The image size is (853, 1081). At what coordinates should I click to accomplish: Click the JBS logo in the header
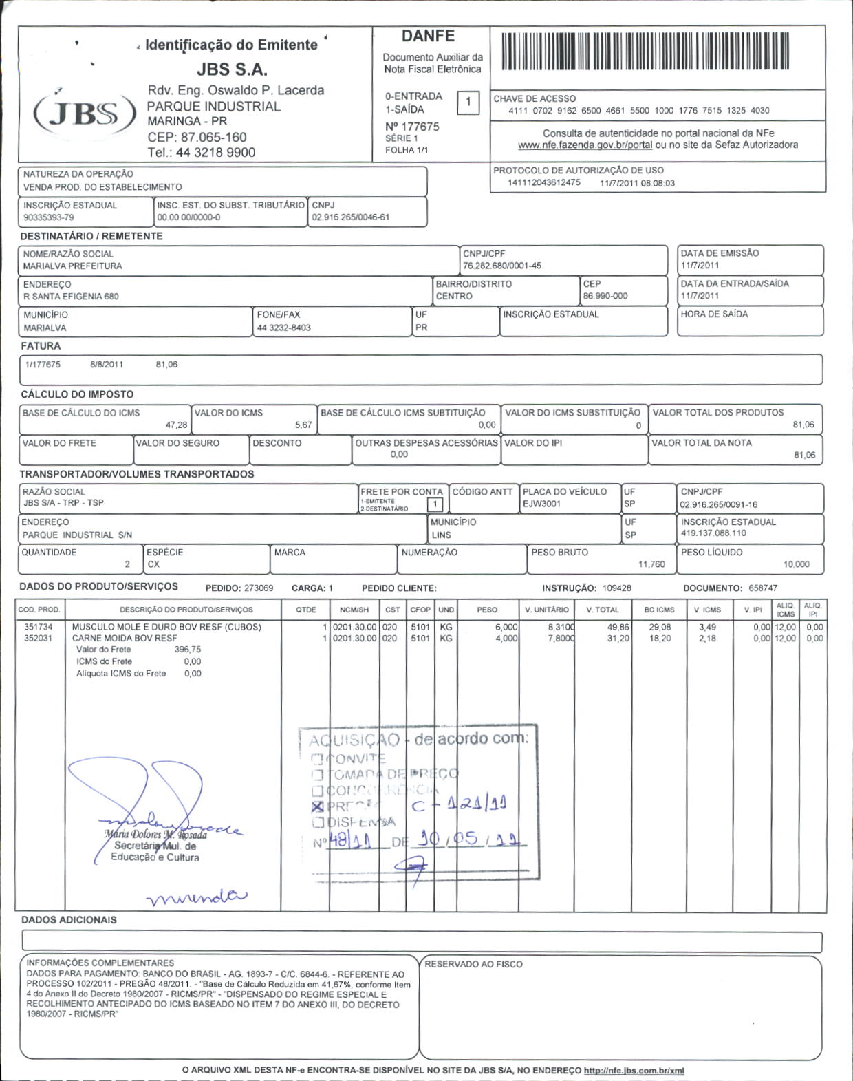tap(85, 114)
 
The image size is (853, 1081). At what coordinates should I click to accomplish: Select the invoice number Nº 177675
tap(412, 127)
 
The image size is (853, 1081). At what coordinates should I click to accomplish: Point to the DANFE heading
tap(428, 36)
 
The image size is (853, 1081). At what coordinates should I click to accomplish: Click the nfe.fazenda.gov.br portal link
tap(585, 145)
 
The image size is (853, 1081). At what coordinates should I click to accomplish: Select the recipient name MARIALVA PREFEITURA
tap(73, 266)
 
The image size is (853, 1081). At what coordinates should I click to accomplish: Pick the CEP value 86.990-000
tap(605, 297)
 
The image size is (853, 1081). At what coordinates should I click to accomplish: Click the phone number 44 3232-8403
tap(284, 328)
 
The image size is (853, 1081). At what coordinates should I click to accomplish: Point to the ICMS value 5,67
tap(303, 425)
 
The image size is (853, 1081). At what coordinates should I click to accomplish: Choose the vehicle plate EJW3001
tap(542, 504)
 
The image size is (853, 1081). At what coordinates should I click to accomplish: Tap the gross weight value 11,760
tap(651, 564)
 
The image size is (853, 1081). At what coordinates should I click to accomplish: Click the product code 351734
tap(39, 627)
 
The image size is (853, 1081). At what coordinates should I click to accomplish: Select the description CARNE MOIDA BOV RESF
tap(125, 639)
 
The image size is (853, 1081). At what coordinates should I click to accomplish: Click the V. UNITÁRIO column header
tap(547, 610)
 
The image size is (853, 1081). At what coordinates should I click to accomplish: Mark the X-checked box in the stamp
tap(317, 807)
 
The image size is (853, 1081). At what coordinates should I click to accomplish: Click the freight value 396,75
tap(188, 650)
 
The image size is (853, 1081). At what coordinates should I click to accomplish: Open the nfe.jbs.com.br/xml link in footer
tap(634, 1071)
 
